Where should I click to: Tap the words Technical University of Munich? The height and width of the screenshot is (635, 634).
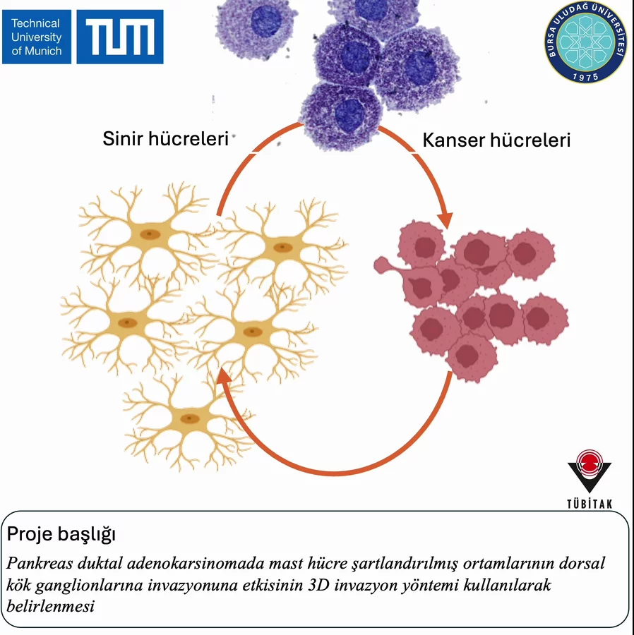click(37, 37)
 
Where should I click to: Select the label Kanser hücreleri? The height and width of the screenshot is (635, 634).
click(496, 140)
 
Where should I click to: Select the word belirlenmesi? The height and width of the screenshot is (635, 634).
click(50, 606)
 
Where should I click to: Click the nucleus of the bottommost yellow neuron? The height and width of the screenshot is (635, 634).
click(188, 418)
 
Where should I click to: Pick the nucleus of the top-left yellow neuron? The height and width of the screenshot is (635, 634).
click(149, 235)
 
